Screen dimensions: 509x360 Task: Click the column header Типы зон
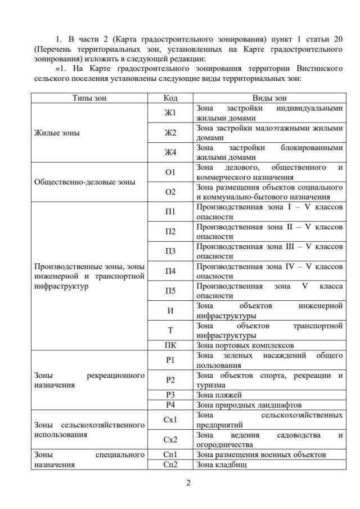pos(89,97)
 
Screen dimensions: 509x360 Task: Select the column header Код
pos(170,97)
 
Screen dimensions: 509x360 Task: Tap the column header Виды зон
pos(269,97)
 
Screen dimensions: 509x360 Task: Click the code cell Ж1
pos(170,112)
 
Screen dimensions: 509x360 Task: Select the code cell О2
pos(170,192)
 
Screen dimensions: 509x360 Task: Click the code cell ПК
pos(170,345)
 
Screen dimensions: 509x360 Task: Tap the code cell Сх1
pos(170,419)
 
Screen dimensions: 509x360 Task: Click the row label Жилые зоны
pos(57,133)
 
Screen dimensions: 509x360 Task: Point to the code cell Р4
pos(170,404)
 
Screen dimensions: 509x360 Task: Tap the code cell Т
pos(170,330)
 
